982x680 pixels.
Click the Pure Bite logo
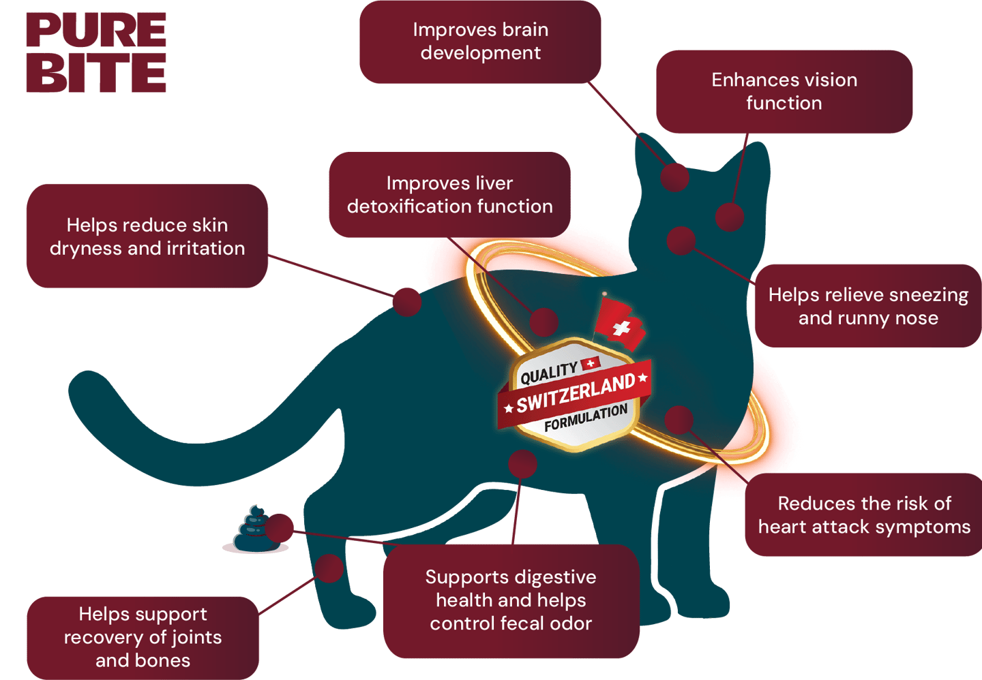[x=96, y=52]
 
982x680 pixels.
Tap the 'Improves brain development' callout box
[x=480, y=42]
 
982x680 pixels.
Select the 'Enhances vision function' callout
[x=784, y=91]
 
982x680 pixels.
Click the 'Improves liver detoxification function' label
[x=449, y=195]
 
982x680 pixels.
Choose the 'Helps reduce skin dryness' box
[x=147, y=236]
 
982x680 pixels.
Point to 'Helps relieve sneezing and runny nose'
[x=867, y=306]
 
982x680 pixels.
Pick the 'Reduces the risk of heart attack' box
[x=864, y=514]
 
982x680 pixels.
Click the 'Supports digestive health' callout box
[x=511, y=600]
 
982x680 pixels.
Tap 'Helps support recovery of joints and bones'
[x=143, y=637]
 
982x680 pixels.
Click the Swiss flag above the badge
[x=619, y=324]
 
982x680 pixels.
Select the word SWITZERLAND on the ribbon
[x=576, y=394]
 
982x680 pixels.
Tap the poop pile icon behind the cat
[x=254, y=530]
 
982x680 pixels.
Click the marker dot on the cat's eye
[x=730, y=217]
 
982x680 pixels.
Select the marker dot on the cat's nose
[x=681, y=241]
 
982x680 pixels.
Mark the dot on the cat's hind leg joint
[x=329, y=568]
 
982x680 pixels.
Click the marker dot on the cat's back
[x=406, y=301]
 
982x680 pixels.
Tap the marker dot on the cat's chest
[x=679, y=420]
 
